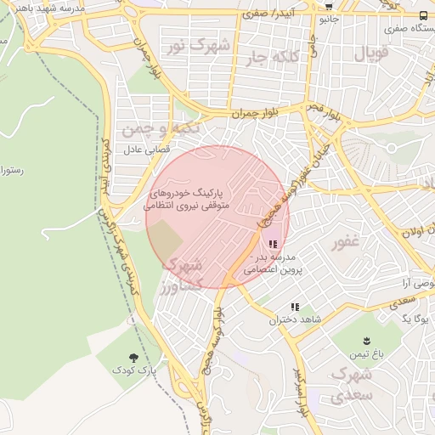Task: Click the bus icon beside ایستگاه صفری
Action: point(424,15)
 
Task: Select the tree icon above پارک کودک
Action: point(133,358)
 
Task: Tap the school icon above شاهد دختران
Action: point(295,307)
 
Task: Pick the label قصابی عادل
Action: point(146,150)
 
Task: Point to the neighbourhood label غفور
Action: point(344,244)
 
